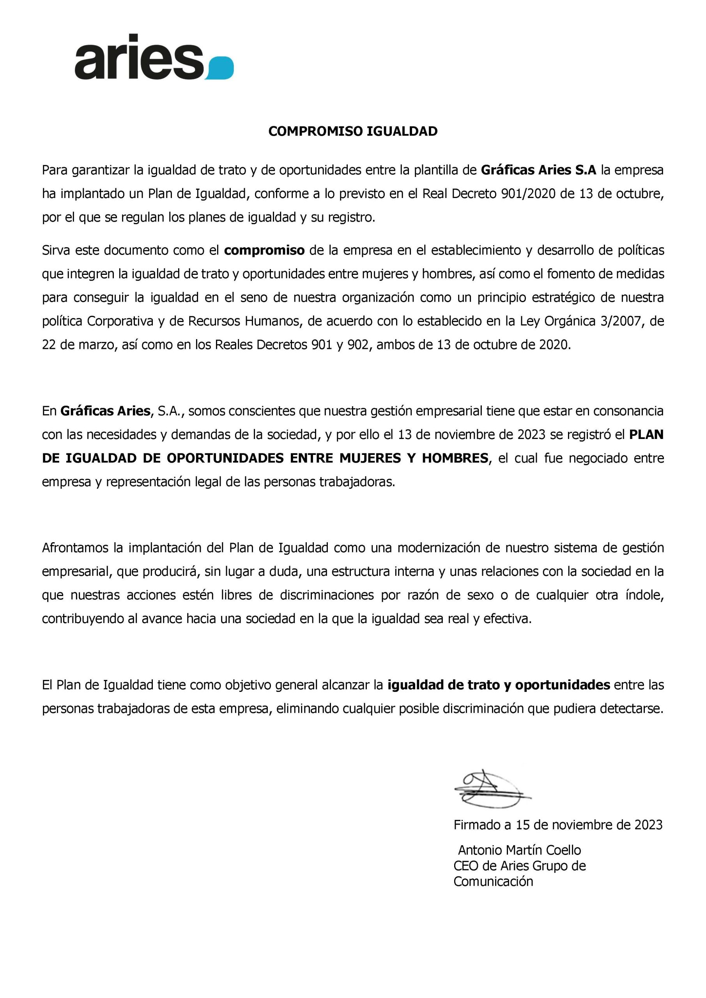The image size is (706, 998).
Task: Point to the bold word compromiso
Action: [x=264, y=250]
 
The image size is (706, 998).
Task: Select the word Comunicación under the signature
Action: [x=493, y=881]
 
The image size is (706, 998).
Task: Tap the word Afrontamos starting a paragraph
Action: [x=75, y=548]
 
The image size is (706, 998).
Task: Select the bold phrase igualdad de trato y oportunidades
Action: [x=499, y=685]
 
